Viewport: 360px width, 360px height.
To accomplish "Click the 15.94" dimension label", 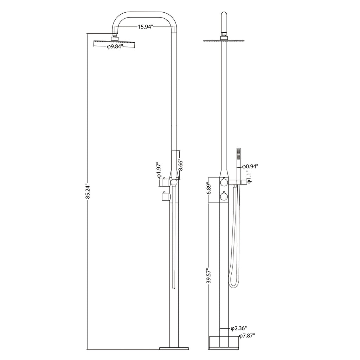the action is click(x=145, y=27).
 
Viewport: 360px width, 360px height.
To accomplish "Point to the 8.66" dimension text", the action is click(x=180, y=165).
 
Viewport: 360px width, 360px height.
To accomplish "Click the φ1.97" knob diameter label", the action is click(x=159, y=170).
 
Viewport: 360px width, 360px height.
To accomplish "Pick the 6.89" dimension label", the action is click(x=209, y=189).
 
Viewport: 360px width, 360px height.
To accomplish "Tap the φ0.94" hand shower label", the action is click(x=250, y=166).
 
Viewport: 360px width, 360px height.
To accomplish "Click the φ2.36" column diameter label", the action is click(x=239, y=329).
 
